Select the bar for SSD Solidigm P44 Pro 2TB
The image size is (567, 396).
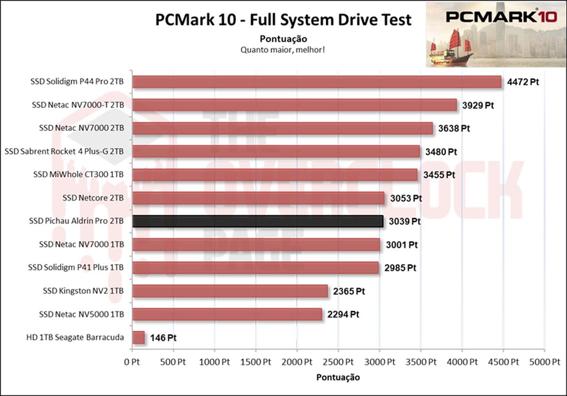317,82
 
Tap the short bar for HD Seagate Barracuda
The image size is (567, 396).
139,338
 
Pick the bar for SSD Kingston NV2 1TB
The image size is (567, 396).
230,291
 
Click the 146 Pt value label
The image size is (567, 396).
163,338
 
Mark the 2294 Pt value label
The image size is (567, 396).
342,314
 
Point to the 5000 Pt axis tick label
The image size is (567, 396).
544,362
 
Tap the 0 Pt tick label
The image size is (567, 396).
132,362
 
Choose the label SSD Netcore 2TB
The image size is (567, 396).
93,198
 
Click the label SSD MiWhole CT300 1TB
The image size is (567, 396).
78,175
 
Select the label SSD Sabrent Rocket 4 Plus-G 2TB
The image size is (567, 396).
64,151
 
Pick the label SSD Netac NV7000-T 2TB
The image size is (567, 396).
78,105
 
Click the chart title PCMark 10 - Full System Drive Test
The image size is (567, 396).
283,20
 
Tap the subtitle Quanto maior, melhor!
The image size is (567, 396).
283,50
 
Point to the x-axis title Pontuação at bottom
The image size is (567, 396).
338,377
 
